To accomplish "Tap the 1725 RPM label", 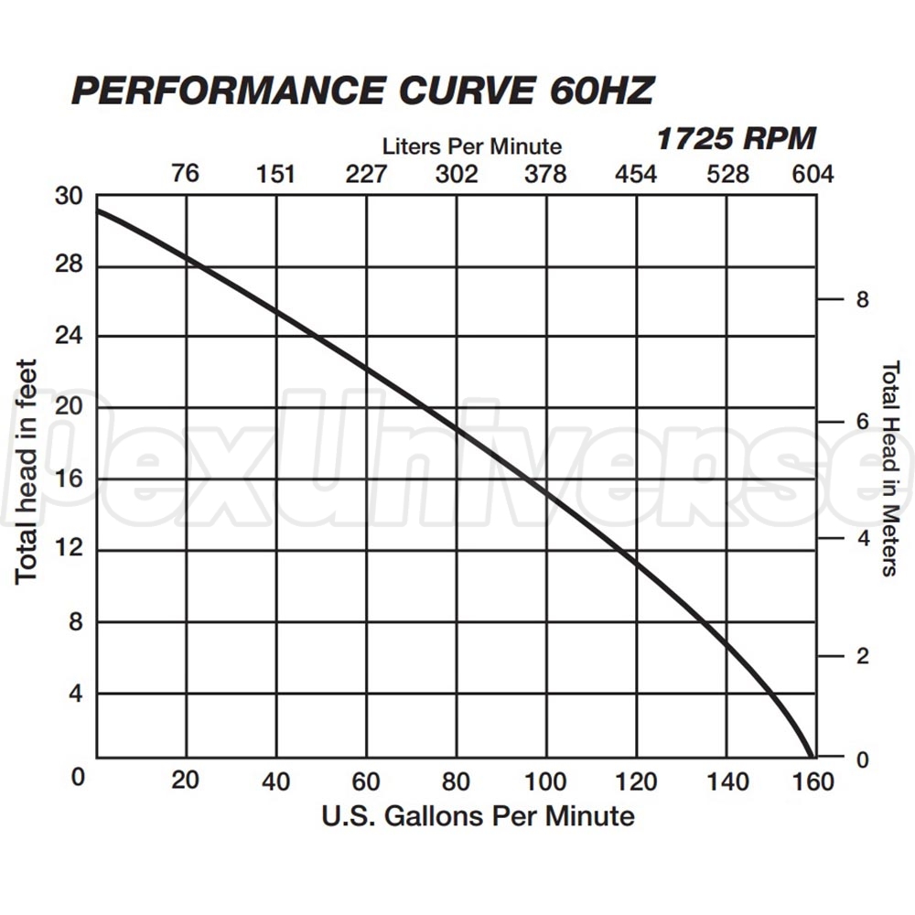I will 735,139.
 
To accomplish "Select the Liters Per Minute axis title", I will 472,145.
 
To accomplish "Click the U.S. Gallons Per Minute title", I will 478,814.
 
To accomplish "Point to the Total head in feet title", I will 27,471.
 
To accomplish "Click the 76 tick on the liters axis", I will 185,173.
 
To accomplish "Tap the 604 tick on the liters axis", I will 813,174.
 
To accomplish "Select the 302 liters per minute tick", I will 456,174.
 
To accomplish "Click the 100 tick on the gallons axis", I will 546,782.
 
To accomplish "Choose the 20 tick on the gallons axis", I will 186,782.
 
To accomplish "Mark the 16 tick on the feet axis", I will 70,479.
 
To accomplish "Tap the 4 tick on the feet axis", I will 76,693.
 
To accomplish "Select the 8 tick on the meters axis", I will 860,300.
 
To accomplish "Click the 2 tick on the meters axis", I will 860,656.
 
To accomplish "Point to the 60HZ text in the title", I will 602,91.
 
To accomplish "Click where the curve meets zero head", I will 811,757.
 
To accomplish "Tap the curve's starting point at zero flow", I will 98,210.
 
